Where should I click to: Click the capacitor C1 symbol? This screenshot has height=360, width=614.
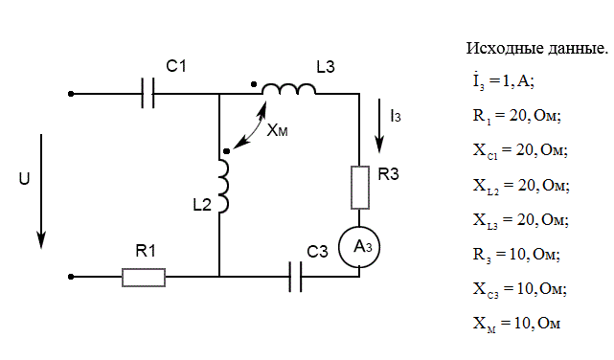click(x=148, y=93)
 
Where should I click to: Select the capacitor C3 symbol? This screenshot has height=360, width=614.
click(x=296, y=277)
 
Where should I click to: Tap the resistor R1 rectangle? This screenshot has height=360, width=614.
click(x=144, y=278)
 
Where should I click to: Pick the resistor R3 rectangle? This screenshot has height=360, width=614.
click(x=360, y=188)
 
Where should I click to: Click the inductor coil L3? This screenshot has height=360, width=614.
click(x=288, y=89)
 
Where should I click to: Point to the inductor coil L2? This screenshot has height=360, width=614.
click(x=224, y=187)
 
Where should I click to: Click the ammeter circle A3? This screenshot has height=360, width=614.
click(x=359, y=247)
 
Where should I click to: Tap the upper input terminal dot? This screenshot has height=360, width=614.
click(x=71, y=94)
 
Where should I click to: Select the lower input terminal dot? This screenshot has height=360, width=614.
click(x=71, y=277)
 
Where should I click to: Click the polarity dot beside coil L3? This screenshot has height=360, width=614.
click(x=254, y=84)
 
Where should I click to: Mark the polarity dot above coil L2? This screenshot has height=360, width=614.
click(x=226, y=151)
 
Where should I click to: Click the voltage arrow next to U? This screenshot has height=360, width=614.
click(x=41, y=191)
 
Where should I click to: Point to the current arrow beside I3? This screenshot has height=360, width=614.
click(x=379, y=125)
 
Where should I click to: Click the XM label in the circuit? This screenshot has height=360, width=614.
click(x=277, y=130)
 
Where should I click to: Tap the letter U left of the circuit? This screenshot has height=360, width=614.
click(x=24, y=179)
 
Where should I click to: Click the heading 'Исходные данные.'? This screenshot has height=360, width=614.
click(x=537, y=49)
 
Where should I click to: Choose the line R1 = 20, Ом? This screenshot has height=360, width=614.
click(x=517, y=116)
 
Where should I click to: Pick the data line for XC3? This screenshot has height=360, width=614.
click(x=519, y=289)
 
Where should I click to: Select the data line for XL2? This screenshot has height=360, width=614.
click(x=521, y=186)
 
